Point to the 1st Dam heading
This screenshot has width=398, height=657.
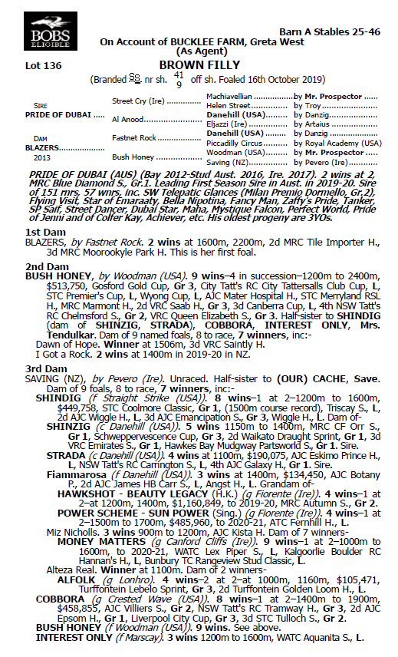point(44,232)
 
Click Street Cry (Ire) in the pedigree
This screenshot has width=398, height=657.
point(140,101)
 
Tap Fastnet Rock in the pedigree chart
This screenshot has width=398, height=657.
point(135,138)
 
